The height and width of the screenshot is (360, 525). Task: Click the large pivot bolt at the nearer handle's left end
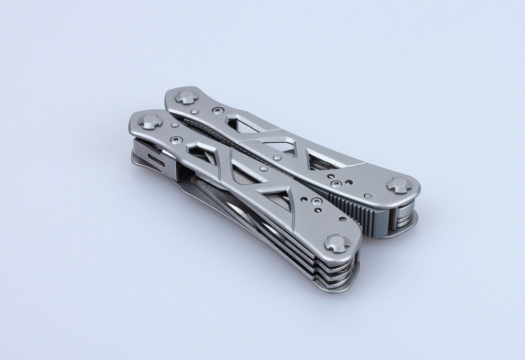(x=150, y=122)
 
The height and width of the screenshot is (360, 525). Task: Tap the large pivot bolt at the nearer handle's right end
(x=336, y=243)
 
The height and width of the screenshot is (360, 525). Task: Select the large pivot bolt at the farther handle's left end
(x=186, y=97)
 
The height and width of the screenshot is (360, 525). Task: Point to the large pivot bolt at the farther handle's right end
(x=399, y=185)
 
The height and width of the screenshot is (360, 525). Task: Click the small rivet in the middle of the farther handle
(x=277, y=157)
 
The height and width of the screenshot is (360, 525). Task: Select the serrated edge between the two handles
(x=210, y=131)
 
